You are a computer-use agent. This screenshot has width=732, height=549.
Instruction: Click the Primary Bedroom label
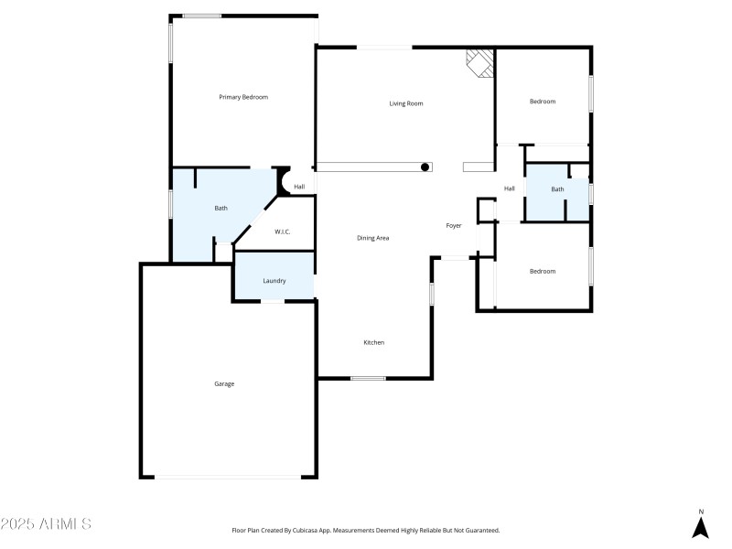(243, 97)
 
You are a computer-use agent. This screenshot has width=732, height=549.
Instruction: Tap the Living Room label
(406, 103)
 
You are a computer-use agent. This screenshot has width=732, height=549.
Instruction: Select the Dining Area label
(373, 238)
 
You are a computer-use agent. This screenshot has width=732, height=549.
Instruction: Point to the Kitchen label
(373, 342)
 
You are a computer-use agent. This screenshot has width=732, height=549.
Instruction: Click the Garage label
(224, 383)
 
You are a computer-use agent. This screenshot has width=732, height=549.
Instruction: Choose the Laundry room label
(274, 281)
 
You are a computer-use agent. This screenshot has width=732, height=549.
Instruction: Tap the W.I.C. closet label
(283, 231)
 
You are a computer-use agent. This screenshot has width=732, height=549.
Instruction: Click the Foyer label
(454, 225)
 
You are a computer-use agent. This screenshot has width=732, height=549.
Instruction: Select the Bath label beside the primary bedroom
(221, 209)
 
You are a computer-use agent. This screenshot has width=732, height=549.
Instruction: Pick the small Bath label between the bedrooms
(557, 189)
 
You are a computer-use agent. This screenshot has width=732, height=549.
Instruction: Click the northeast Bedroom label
(543, 102)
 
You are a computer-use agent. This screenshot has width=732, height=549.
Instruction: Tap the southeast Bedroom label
(543, 271)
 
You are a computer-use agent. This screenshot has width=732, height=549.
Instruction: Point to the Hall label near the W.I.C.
(299, 187)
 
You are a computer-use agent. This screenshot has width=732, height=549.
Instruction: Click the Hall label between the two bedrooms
(510, 188)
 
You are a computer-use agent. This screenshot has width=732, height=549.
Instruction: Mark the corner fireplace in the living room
(479, 61)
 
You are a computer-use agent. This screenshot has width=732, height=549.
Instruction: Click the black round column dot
(425, 167)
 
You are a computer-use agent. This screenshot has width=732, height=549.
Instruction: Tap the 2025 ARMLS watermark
(46, 524)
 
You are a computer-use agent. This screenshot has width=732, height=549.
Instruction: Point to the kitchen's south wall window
(368, 378)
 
